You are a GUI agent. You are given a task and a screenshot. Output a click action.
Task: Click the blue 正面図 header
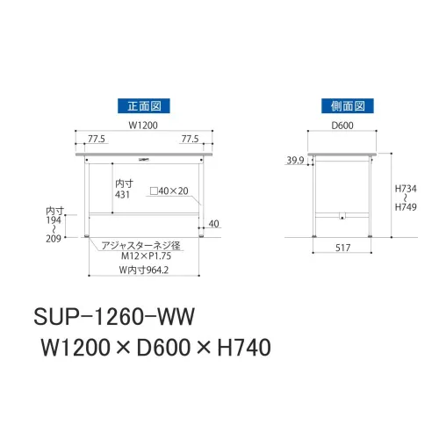coord(144,106)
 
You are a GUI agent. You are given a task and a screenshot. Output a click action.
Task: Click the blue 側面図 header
coord(348,106)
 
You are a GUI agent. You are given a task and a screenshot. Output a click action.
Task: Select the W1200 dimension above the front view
coord(143,126)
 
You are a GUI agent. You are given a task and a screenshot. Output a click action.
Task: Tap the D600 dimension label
coord(342,126)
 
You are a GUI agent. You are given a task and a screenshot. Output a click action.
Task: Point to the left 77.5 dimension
coord(97,139)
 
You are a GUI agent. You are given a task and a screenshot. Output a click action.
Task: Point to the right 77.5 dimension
coord(190,139)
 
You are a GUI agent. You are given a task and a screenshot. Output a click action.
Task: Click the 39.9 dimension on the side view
coord(295,161)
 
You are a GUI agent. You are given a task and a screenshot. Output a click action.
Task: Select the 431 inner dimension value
coord(122,195)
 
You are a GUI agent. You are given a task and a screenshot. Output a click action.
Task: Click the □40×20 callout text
coord(169,191)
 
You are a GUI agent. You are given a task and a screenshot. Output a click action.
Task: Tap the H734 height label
coord(406,189)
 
